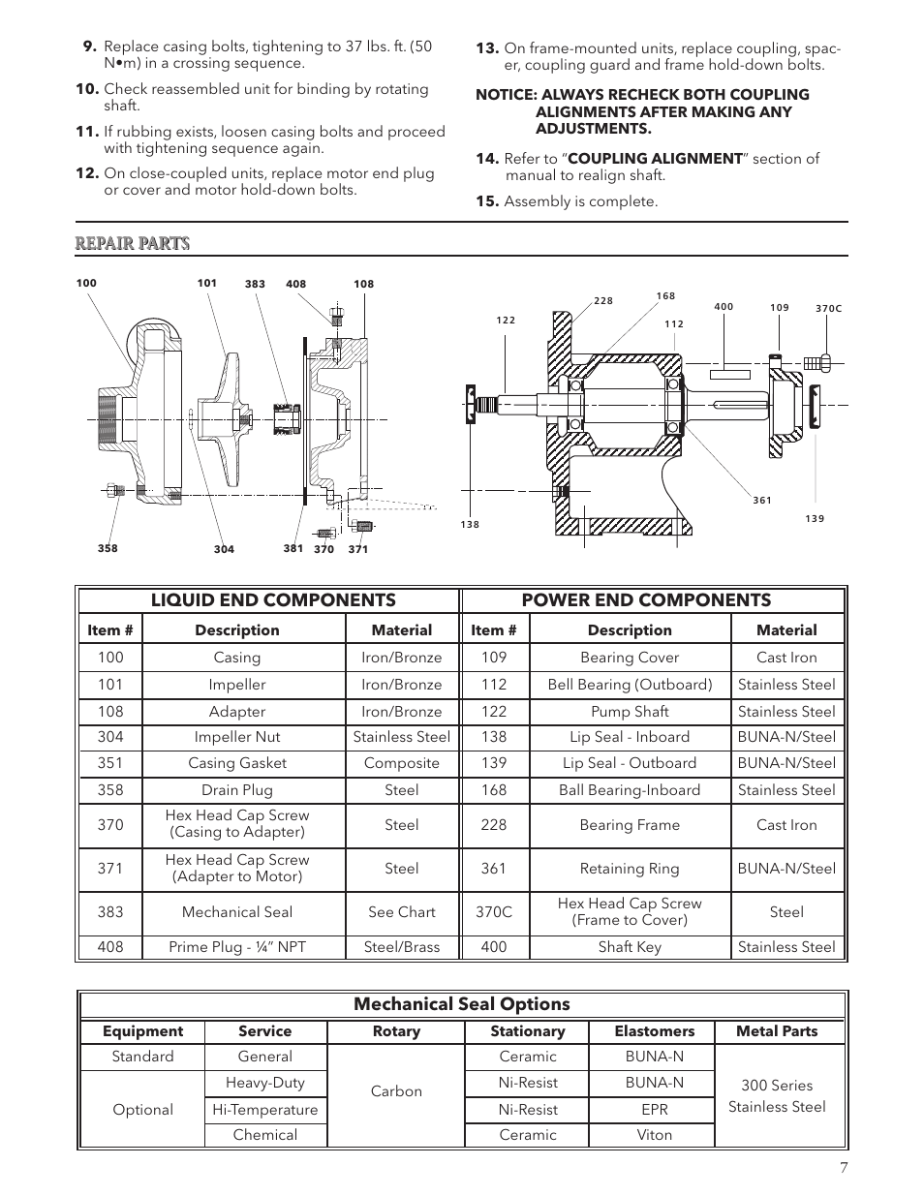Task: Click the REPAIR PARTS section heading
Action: pos(133,243)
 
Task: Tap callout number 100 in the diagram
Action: pos(86,283)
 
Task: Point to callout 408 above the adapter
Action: pos(295,285)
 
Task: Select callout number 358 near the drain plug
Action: pos(108,548)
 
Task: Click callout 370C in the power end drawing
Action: pos(828,309)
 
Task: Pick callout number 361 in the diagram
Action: pos(762,501)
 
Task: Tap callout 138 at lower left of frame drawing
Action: pos(470,525)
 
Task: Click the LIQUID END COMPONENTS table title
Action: pos(273,600)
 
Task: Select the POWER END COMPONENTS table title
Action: pos(646,600)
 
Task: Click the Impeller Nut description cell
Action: pos(237,737)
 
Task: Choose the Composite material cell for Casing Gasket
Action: pos(401,763)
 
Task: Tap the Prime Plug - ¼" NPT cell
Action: pos(237,947)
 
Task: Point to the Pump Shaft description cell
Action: pos(630,711)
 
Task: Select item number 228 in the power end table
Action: pos(494,825)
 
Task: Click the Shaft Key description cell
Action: pos(630,947)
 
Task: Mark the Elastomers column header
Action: pos(655,1031)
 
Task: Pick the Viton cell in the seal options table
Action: pos(655,1135)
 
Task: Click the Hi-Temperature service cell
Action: pos(264,1110)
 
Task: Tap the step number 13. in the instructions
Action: pos(487,48)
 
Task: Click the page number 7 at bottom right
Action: pos(843,1168)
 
